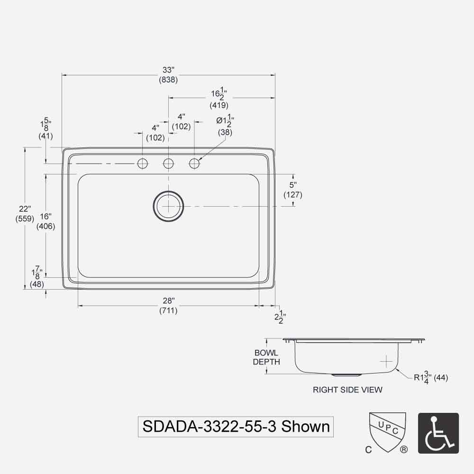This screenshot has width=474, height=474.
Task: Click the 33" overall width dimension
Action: click(168, 70)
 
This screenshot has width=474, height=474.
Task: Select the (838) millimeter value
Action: click(168, 80)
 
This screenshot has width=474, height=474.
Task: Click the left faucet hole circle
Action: click(142, 164)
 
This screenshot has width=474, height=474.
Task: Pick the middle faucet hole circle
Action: click(168, 164)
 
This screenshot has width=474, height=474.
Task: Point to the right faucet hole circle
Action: click(194, 164)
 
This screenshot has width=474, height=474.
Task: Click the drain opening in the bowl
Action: click(168, 206)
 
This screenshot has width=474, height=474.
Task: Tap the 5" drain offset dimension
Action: click(293, 185)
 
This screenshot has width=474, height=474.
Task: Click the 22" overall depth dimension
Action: click(25, 209)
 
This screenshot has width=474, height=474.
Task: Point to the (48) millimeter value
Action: click(37, 284)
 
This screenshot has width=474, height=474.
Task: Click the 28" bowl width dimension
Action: click(168, 301)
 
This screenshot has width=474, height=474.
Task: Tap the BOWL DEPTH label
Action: click(266, 357)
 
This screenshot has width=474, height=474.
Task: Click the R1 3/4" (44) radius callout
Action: click(430, 378)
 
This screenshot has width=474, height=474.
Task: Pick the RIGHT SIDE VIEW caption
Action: click(347, 390)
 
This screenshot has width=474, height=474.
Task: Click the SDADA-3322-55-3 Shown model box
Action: click(236, 426)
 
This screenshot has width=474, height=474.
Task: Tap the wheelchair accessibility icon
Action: click(438, 433)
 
